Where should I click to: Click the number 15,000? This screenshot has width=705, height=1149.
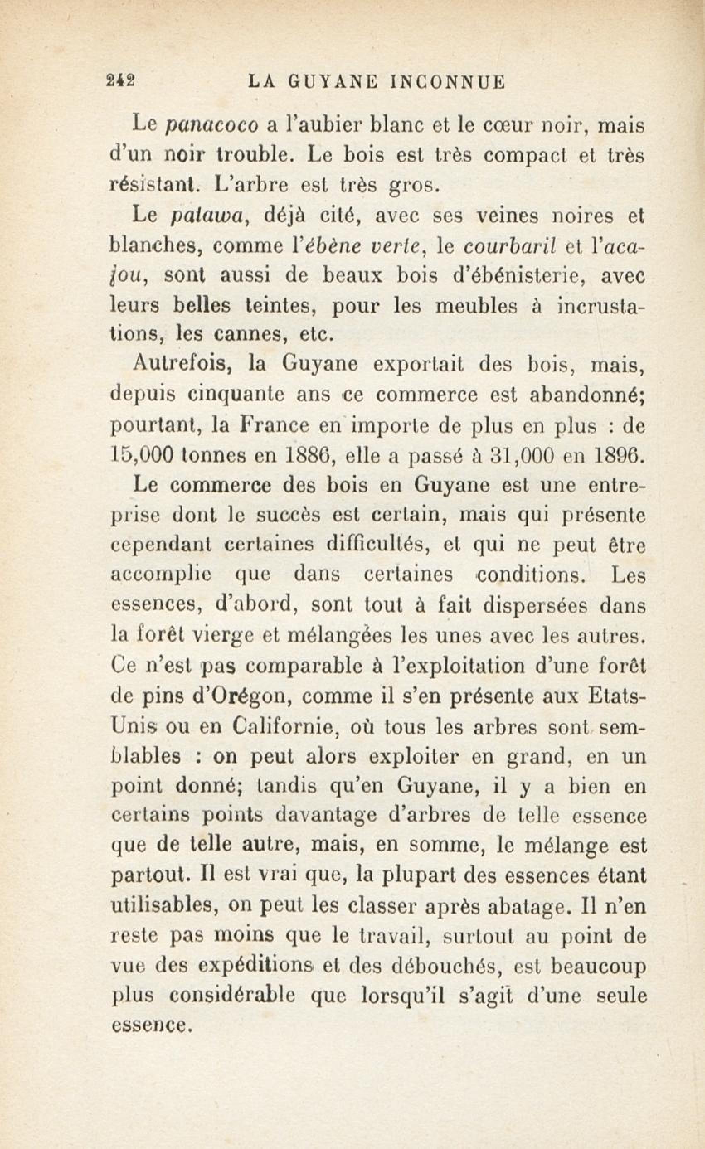[141, 456]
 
